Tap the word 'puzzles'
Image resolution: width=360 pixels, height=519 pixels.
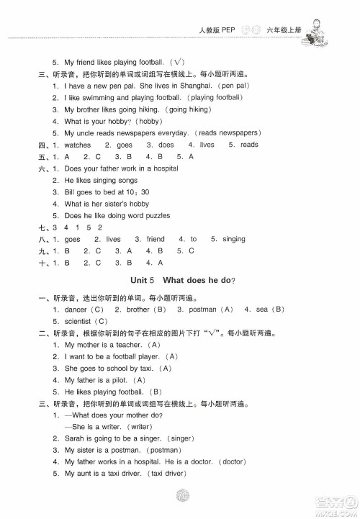153,216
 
